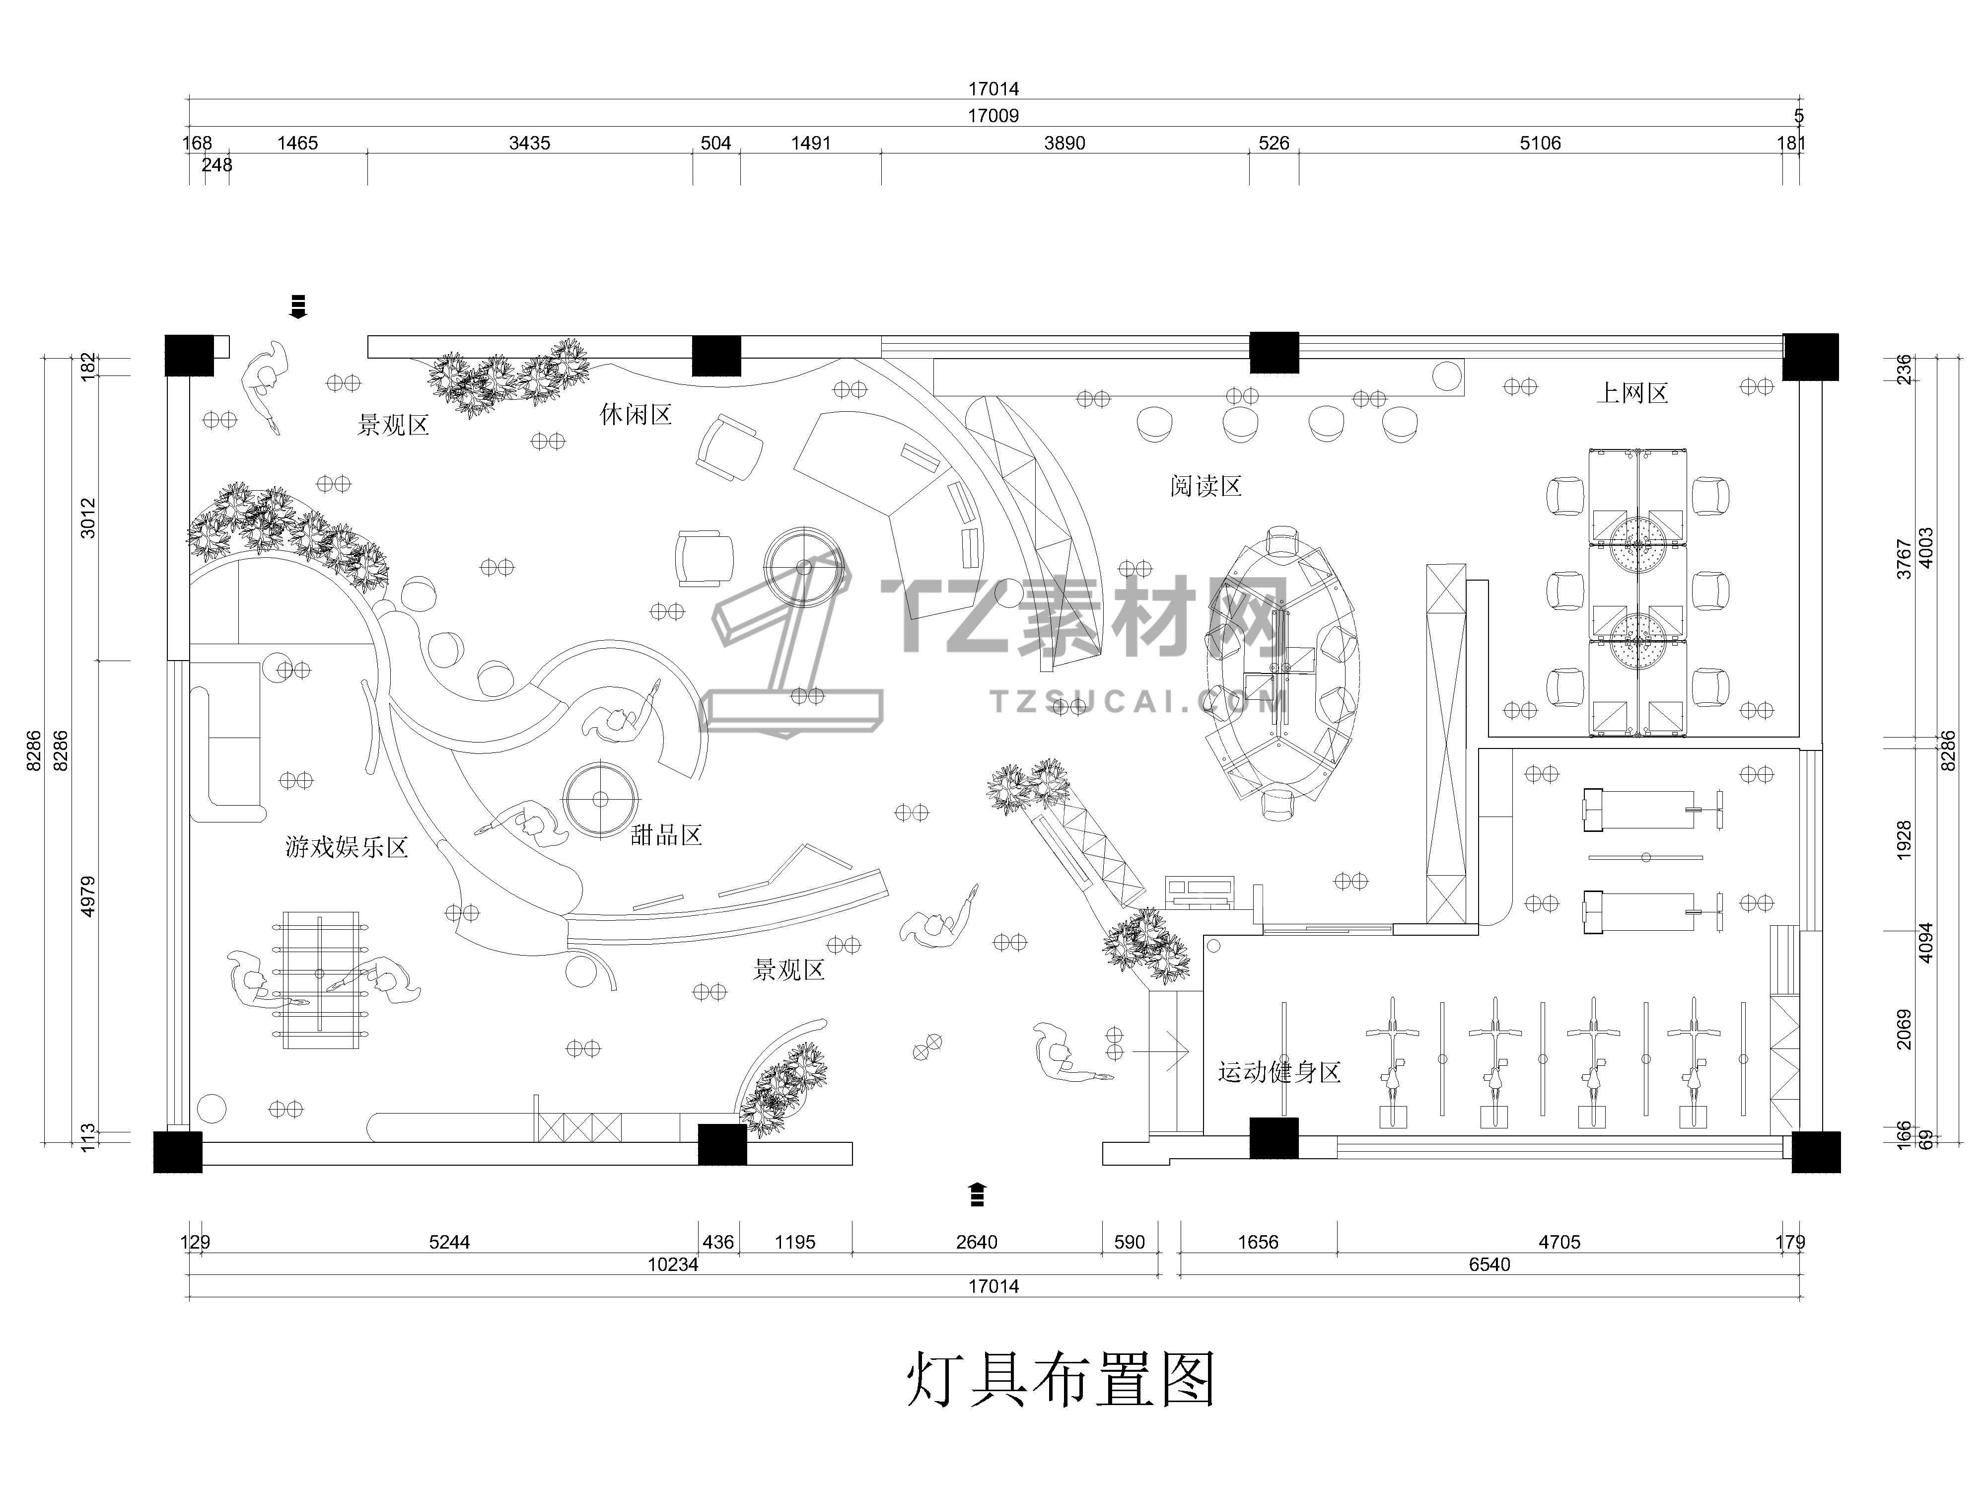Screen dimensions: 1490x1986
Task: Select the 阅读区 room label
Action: coord(1206,487)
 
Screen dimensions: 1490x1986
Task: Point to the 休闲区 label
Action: coord(636,415)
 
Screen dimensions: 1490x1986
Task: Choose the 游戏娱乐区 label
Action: coord(347,847)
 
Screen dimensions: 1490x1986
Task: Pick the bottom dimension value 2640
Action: coord(976,1242)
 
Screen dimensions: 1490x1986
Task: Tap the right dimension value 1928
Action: coord(1904,840)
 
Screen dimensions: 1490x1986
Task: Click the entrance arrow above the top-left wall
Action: coord(298,306)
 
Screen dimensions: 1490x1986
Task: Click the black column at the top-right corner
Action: coord(1810,357)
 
